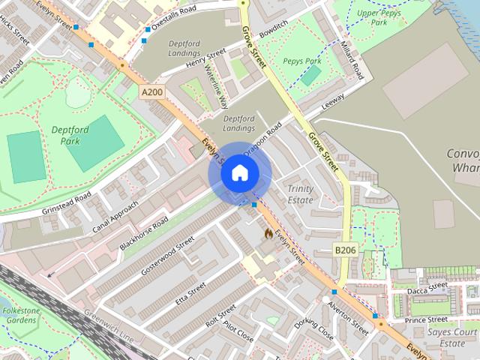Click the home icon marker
[239, 172]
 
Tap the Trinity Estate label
[300, 194]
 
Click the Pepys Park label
[302, 60]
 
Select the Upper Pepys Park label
[378, 18]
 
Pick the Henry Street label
[205, 61]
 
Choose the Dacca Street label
[427, 290]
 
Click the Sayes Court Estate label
[452, 337]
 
